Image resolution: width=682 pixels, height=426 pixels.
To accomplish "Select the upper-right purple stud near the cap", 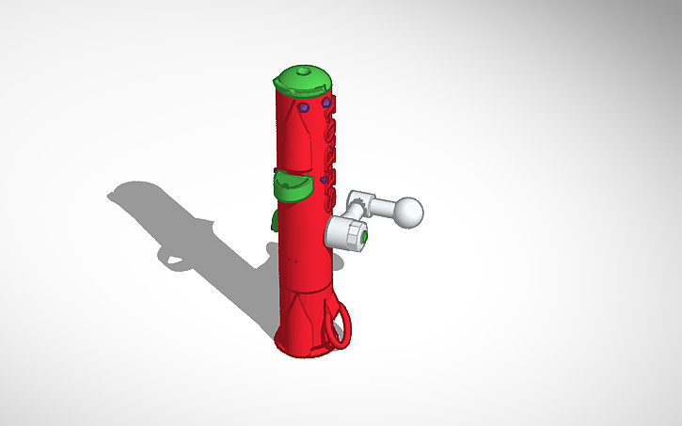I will point(326,102).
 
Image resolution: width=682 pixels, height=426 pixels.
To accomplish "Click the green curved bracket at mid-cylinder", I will point(294,185).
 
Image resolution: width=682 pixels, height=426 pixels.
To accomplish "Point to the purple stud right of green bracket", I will point(324,178).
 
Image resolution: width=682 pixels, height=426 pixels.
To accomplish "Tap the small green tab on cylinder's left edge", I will point(274,220).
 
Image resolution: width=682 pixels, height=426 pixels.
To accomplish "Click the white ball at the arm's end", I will point(407,212).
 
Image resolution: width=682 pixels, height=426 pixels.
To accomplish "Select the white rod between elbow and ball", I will point(384,206).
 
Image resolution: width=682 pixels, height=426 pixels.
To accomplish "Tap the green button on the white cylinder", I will point(362,241).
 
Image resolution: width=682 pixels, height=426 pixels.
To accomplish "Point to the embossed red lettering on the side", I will point(331,150).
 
